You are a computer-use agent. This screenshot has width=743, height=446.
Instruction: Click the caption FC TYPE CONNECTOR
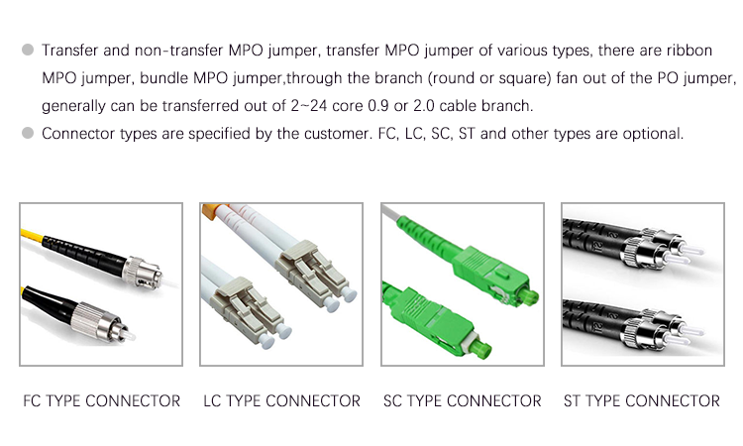pos(101,401)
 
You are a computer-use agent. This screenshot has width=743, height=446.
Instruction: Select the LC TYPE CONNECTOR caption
pos(282,401)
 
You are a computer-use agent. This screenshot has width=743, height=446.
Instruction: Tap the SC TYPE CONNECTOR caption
pos(463,401)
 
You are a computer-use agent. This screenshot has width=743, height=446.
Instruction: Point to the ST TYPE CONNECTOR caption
pos(642,401)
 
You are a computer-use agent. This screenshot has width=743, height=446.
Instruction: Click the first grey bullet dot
pos(28,50)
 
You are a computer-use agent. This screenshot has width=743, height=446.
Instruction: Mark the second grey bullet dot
pos(28,133)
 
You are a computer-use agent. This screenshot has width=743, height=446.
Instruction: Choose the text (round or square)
pos(489,78)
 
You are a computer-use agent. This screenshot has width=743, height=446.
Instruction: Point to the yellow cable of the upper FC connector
pos(32,235)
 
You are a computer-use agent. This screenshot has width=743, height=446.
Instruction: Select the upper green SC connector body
pos(491,276)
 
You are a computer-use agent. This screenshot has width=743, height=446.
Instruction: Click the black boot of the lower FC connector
pos(49,303)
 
